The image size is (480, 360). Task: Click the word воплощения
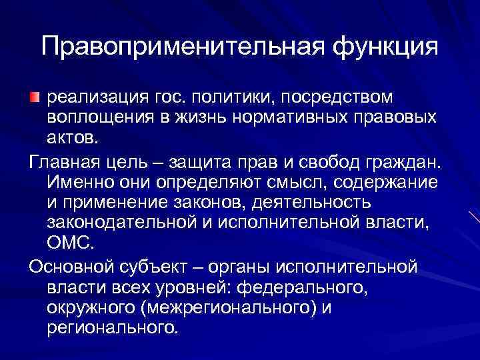(x=97, y=117)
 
